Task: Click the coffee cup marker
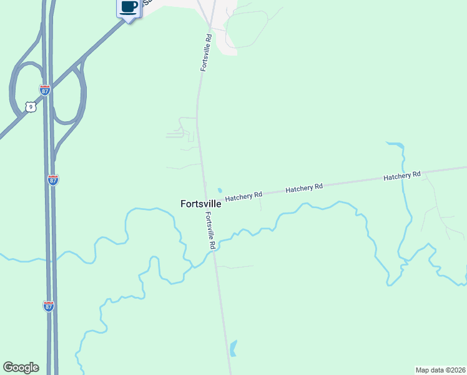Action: coord(128,8)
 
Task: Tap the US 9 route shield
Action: coord(31,107)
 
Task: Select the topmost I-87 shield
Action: coord(45,90)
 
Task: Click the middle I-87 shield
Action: coord(53,180)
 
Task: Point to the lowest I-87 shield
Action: coord(49,306)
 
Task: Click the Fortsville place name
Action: coord(200,204)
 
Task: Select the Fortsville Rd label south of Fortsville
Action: coord(211,231)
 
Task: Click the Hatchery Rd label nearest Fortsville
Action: coord(243,196)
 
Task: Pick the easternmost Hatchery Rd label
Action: coord(402,176)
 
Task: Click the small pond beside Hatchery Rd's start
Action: coord(219,191)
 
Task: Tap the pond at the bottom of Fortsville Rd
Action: coord(234,347)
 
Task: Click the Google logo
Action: coord(21,367)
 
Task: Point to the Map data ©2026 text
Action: coord(441,369)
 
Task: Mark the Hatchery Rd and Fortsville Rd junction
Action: coord(205,201)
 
